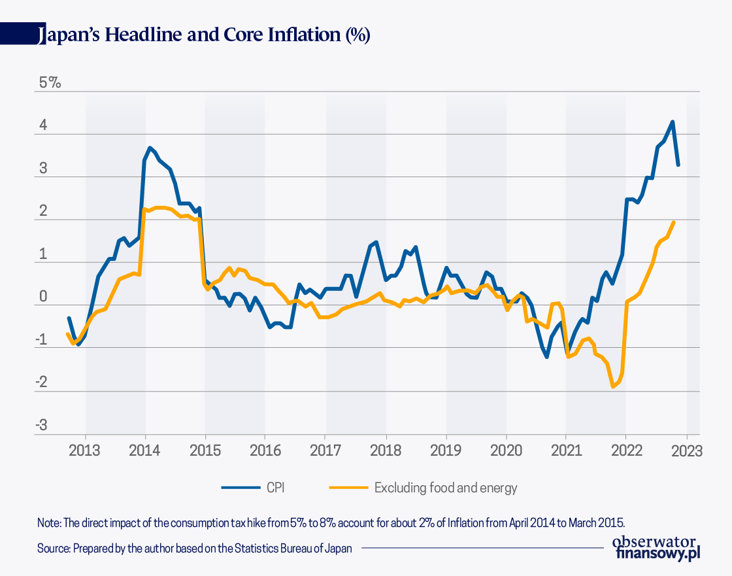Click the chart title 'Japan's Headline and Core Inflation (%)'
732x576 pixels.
coord(205,35)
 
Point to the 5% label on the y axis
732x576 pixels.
coord(50,83)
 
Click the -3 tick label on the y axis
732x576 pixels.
coord(41,426)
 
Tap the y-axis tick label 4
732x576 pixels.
coord(42,126)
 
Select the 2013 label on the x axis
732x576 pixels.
coord(85,451)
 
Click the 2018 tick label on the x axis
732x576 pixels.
coord(386,451)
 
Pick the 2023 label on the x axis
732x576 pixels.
coord(686,451)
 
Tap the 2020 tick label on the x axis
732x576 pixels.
coord(506,451)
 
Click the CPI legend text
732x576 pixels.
coord(275,488)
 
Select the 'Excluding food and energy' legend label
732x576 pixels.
coord(445,488)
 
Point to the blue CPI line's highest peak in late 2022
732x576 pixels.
coord(673,122)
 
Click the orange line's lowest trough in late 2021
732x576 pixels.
coord(613,387)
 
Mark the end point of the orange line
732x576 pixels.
coord(674,222)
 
